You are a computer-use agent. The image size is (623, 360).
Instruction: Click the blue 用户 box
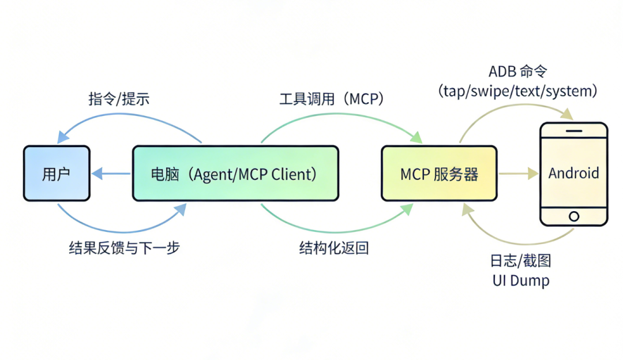click(x=57, y=174)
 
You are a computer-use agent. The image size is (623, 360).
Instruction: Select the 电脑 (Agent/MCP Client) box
click(x=235, y=174)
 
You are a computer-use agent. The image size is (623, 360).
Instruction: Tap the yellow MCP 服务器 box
click(x=439, y=174)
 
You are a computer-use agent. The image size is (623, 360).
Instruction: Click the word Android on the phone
click(x=573, y=173)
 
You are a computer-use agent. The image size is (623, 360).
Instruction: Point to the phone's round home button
click(x=573, y=216)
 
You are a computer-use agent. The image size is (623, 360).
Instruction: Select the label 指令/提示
click(x=119, y=99)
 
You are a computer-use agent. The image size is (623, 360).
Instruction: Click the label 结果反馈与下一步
click(x=125, y=249)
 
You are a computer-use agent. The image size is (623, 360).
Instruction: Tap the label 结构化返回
click(x=334, y=249)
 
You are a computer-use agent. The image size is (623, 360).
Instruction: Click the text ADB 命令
click(x=517, y=72)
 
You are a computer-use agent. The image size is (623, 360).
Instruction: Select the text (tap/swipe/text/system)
click(x=517, y=91)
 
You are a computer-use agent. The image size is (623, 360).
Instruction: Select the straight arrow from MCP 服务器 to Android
click(x=517, y=173)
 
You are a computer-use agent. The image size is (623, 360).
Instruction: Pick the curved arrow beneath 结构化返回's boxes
click(x=335, y=230)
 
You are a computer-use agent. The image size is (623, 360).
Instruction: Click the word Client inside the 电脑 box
click(x=295, y=174)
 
